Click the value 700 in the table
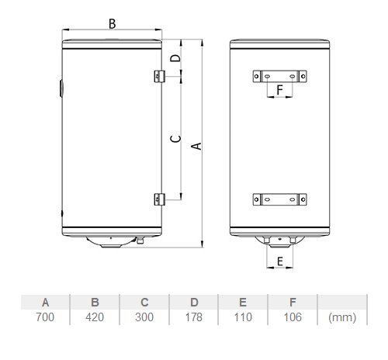click(x=45, y=317)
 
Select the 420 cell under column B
click(x=95, y=317)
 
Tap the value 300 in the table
click(x=144, y=317)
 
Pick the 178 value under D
click(x=194, y=317)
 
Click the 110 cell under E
click(x=243, y=317)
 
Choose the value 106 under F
click(x=293, y=317)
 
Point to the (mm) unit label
click(x=342, y=317)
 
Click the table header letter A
click(x=45, y=303)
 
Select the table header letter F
click(x=293, y=303)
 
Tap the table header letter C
click(x=144, y=303)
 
